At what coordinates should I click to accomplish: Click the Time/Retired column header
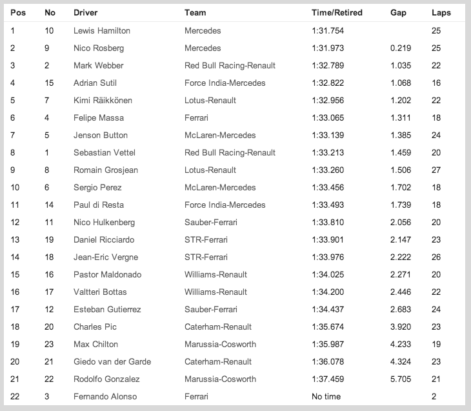[x=336, y=13]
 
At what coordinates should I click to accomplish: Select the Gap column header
[x=398, y=13]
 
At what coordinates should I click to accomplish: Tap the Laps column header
[x=441, y=13]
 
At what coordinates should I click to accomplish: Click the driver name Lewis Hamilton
[x=102, y=31]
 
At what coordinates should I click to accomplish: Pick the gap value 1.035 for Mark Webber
[x=401, y=66]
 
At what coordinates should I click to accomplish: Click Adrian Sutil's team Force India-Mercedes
[x=225, y=83]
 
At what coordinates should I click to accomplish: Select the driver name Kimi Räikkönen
[x=105, y=101]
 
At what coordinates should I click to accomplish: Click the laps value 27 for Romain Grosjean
[x=436, y=170]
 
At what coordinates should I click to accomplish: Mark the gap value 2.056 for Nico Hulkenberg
[x=401, y=223]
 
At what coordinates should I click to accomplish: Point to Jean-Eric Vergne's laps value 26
[x=436, y=257]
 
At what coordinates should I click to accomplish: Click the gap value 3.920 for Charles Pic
[x=401, y=327]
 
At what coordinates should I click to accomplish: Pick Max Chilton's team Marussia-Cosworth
[x=220, y=345]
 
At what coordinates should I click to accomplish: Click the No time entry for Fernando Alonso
[x=326, y=397]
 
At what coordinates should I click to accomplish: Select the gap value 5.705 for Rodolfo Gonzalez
[x=401, y=379]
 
